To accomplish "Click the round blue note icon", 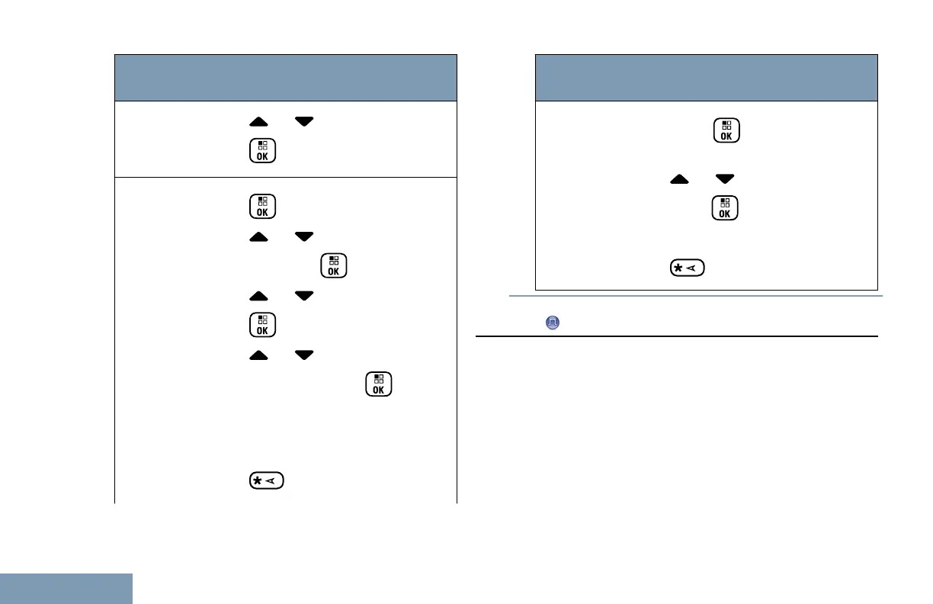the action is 551,323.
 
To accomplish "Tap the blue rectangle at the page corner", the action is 66,589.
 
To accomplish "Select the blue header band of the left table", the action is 286,77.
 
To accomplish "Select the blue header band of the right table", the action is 707,77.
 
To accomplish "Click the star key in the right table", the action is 687,268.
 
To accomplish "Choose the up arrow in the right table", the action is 681,178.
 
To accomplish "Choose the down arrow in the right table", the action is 725,178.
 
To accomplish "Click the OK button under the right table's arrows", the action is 725,207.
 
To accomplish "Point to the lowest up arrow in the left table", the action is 259,355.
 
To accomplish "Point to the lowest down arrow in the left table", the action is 304,355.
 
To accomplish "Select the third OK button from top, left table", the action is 335,265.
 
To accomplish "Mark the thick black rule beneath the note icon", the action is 677,336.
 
